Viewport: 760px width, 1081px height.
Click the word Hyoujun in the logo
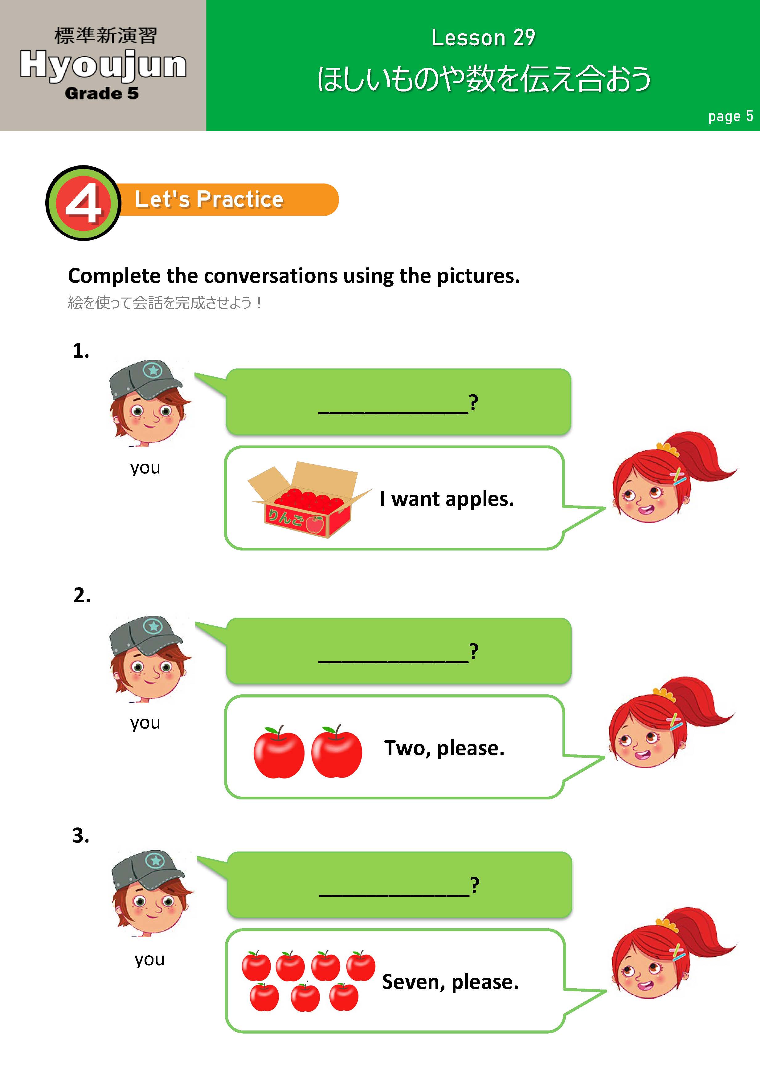[103, 65]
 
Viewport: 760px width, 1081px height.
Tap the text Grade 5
[102, 93]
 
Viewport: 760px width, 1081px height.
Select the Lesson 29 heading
[483, 38]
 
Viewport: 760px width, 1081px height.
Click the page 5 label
[730, 116]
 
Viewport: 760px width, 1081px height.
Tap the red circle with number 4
[83, 203]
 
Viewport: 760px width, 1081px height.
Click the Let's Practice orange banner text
[209, 199]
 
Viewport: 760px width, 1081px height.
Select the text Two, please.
[444, 748]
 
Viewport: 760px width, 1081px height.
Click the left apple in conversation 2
[279, 752]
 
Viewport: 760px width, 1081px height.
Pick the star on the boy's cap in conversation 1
[153, 370]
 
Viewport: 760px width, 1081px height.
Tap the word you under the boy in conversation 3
[149, 959]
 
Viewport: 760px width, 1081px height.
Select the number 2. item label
[82, 595]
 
